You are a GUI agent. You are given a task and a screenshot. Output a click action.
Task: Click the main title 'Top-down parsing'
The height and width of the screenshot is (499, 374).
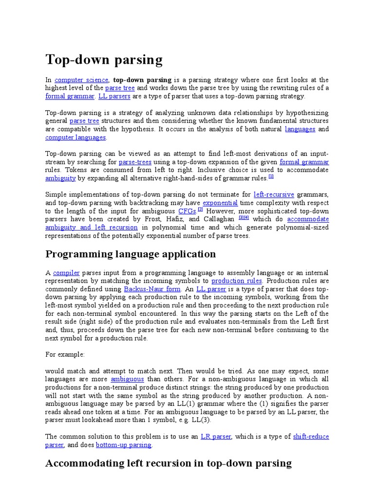pyautogui.click(x=104, y=59)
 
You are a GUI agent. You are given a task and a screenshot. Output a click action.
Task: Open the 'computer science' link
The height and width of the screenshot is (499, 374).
pyautogui.click(x=81, y=79)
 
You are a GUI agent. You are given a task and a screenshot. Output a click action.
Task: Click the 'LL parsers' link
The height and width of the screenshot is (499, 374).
pyautogui.click(x=114, y=96)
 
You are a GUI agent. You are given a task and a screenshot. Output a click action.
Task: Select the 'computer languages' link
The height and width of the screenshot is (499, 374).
pyautogui.click(x=75, y=137)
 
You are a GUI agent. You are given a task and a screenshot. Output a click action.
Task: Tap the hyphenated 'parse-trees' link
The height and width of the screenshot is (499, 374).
pyautogui.click(x=135, y=162)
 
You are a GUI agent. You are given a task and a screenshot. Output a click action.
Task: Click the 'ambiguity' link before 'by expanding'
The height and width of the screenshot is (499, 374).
pyautogui.click(x=60, y=178)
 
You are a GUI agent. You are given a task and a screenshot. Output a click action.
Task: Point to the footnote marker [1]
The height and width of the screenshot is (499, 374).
pyautogui.click(x=271, y=176)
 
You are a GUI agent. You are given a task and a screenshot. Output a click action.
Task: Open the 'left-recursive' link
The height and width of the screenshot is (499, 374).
pyautogui.click(x=274, y=194)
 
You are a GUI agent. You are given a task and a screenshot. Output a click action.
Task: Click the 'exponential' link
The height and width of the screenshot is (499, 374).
pyautogui.click(x=220, y=203)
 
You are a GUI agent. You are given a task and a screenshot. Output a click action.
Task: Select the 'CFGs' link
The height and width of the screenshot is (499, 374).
pyautogui.click(x=187, y=211)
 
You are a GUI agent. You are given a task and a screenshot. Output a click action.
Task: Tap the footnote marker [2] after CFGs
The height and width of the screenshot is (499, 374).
pyautogui.click(x=200, y=210)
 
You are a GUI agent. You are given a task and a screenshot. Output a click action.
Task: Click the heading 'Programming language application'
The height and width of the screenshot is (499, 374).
pyautogui.click(x=131, y=254)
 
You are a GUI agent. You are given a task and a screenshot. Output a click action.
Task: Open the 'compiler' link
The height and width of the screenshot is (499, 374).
pyautogui.click(x=66, y=273)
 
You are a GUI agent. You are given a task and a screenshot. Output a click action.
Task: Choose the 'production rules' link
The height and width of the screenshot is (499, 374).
pyautogui.click(x=237, y=281)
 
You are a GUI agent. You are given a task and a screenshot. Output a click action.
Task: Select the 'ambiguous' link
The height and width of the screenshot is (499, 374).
pyautogui.click(x=127, y=379)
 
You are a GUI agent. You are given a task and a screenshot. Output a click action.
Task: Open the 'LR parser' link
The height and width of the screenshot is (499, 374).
pyautogui.click(x=215, y=437)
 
